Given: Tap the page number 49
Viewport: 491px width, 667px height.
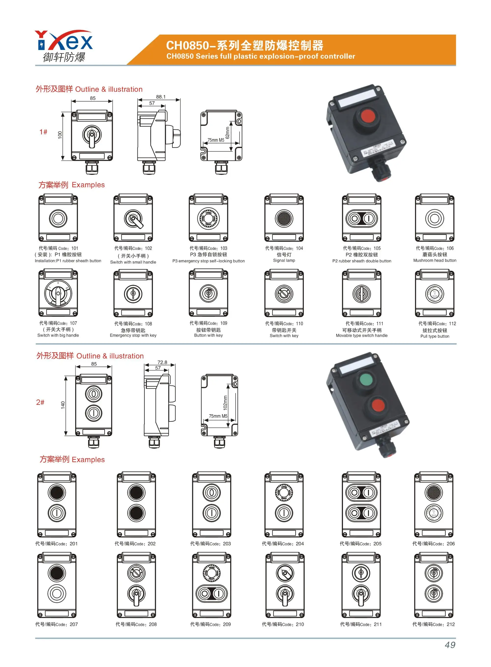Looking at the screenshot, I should click(x=450, y=645).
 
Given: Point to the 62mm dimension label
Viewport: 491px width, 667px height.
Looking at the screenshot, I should click(x=227, y=133).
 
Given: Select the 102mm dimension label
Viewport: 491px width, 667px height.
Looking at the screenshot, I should click(x=225, y=403).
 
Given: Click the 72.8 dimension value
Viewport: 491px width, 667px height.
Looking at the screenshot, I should click(x=162, y=362).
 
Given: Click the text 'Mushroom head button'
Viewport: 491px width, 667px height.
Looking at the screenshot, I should click(x=435, y=260).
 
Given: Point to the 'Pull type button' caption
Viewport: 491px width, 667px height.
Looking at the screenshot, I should click(x=435, y=336).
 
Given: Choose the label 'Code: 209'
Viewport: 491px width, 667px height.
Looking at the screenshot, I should click(x=210, y=624).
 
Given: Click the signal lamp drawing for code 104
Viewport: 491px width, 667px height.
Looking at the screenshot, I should click(x=284, y=218).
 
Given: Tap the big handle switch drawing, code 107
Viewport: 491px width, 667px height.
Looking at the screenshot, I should click(x=58, y=293).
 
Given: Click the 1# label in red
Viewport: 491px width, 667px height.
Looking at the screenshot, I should click(x=43, y=132).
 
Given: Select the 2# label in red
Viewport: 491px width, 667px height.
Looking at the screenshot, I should click(x=40, y=402).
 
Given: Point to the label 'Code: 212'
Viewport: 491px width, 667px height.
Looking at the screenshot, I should click(x=433, y=624).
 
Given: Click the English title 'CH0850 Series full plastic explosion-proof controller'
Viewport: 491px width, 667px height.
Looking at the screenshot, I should click(x=261, y=56).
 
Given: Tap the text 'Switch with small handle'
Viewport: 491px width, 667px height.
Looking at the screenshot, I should click(x=133, y=262).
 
